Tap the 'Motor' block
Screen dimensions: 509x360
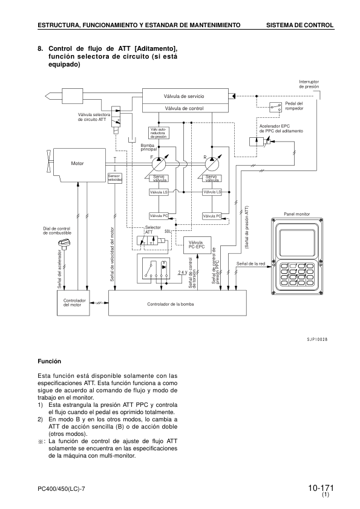[x=77, y=163]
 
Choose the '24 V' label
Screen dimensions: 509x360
[x=183, y=273]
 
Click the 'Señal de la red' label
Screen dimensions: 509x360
[x=250, y=264]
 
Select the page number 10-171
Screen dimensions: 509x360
[x=320, y=488]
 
